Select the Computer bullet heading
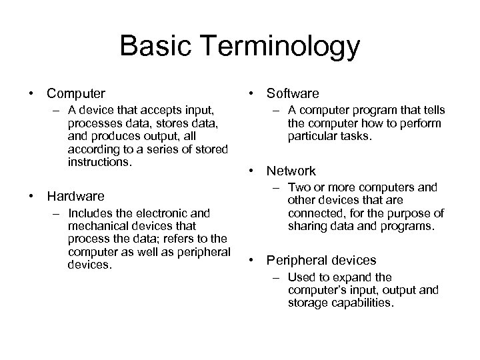coord(75,94)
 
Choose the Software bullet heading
coord(293,94)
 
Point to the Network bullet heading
coord(291,171)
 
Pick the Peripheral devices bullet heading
coord(321,260)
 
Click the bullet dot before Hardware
coord(31,196)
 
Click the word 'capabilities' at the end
coord(364,302)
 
